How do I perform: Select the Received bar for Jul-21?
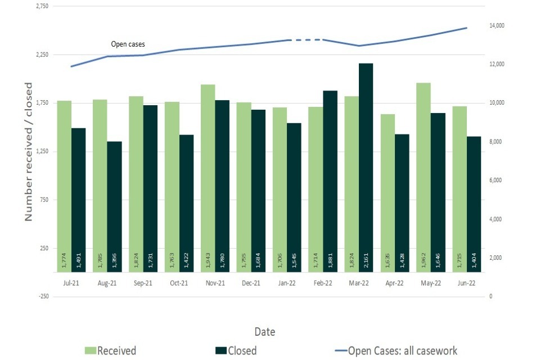(65, 186)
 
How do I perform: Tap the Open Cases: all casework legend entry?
(394, 350)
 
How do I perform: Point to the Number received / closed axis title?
(29, 152)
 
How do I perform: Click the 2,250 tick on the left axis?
(41, 55)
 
